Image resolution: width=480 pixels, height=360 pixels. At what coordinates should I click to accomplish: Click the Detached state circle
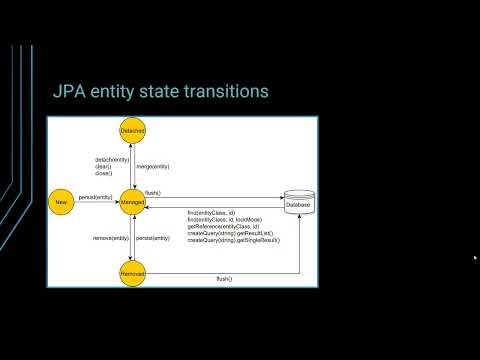[x=132, y=131]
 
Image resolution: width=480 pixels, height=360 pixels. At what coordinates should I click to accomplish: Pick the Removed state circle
[x=132, y=273]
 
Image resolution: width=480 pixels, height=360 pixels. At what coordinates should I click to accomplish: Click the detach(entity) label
[x=109, y=159]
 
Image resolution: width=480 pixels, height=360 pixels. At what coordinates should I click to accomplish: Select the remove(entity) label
[x=108, y=238]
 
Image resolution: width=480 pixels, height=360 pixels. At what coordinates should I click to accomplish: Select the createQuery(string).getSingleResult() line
[x=233, y=241]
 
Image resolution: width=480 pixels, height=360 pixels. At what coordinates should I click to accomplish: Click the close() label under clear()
[x=104, y=173]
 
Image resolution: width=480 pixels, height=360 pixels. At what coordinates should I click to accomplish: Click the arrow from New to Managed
[x=96, y=202]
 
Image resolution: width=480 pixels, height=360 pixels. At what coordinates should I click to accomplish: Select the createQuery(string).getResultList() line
[x=231, y=234]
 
